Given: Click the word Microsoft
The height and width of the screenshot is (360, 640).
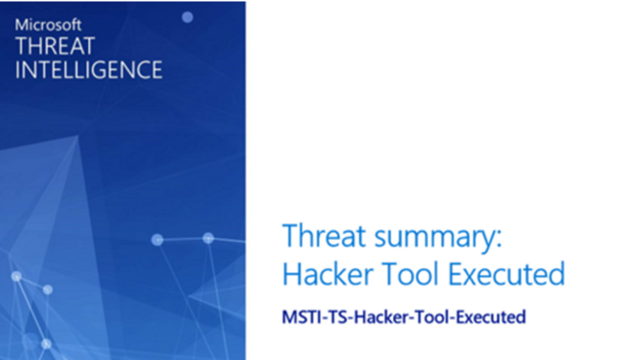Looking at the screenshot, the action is click(48, 25).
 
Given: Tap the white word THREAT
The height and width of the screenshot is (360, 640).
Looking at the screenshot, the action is click(55, 46).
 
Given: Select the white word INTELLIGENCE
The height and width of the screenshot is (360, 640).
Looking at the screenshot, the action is click(88, 70).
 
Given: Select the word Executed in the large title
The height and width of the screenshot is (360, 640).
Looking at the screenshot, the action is click(507, 274).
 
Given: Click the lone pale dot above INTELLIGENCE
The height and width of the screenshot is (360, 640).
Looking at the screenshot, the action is click(187, 17).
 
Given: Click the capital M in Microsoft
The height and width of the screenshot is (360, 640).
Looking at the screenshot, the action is click(21, 26).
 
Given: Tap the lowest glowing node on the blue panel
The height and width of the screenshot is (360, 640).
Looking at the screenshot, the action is click(47, 344).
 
